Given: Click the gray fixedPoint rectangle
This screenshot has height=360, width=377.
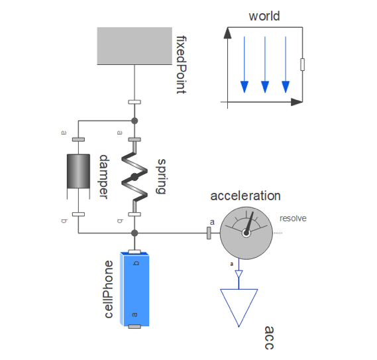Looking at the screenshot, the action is (135, 46).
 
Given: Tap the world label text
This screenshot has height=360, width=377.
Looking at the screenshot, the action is (264, 16).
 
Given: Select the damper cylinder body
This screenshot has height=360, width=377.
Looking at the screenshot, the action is (78, 171).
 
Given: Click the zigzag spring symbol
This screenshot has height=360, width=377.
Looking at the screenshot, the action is (135, 177).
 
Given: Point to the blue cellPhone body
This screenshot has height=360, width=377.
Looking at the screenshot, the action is (135, 289).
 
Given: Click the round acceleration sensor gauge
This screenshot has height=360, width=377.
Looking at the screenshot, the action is (246, 233).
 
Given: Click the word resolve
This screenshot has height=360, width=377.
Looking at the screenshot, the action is (293, 218).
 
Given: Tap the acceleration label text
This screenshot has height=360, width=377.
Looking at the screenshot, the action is (245, 196).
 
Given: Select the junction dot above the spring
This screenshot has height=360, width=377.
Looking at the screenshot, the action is (135, 121).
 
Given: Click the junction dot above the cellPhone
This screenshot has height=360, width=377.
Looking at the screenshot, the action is (135, 233).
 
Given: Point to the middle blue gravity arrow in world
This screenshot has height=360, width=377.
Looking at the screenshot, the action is (265, 64).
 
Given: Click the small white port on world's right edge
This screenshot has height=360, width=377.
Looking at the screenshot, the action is (303, 64).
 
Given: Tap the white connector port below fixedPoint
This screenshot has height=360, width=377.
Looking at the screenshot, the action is (135, 102).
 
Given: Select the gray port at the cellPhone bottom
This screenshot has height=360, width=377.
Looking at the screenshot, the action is (135, 327).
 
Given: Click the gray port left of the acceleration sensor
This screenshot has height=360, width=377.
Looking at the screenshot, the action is (209, 233).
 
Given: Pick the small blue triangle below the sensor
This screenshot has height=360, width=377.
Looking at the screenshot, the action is (239, 274).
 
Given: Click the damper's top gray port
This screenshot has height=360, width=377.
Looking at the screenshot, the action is (78, 139).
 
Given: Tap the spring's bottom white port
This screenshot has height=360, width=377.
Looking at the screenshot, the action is (135, 214).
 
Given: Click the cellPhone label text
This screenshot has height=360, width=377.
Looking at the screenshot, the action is (109, 289).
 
